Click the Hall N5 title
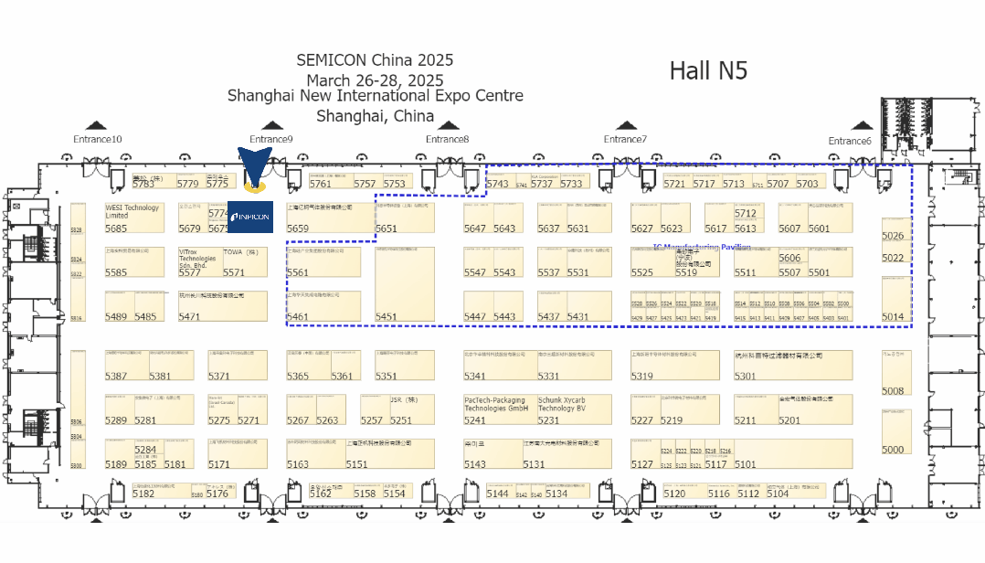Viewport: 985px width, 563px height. click(708, 70)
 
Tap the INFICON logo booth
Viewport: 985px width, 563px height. click(249, 217)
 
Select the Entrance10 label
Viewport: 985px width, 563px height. click(98, 139)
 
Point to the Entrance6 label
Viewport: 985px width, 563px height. click(850, 141)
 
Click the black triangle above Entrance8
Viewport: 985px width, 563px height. click(447, 126)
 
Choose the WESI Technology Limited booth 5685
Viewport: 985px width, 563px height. click(133, 218)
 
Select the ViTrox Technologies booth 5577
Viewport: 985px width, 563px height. click(199, 261)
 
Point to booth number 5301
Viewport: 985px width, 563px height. click(745, 376)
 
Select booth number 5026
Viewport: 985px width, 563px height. click(893, 236)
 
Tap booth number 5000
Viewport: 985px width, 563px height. click(893, 450)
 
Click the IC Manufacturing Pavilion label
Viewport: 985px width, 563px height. click(702, 248)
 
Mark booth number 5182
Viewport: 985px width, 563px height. click(143, 494)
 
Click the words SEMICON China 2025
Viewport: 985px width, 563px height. click(375, 60)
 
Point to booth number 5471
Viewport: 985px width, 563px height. click(189, 317)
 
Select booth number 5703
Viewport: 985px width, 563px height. click(807, 184)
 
